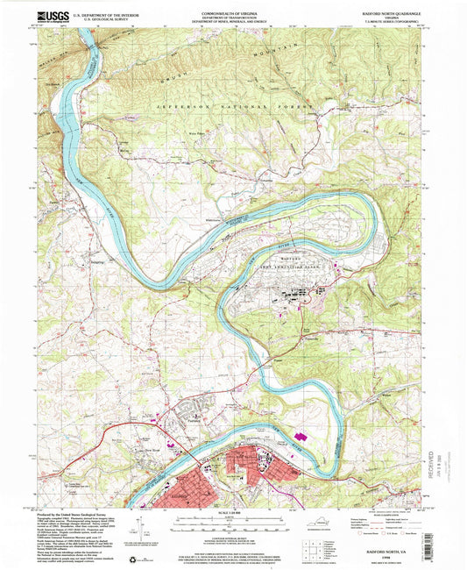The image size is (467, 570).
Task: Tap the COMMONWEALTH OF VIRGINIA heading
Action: pos(233,10)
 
